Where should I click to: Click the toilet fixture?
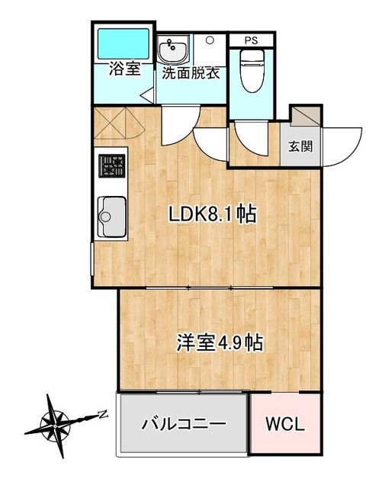pos(250,69)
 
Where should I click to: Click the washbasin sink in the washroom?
pos(173,52)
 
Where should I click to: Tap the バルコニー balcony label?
pos(185,423)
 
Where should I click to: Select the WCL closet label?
pos(284,424)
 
